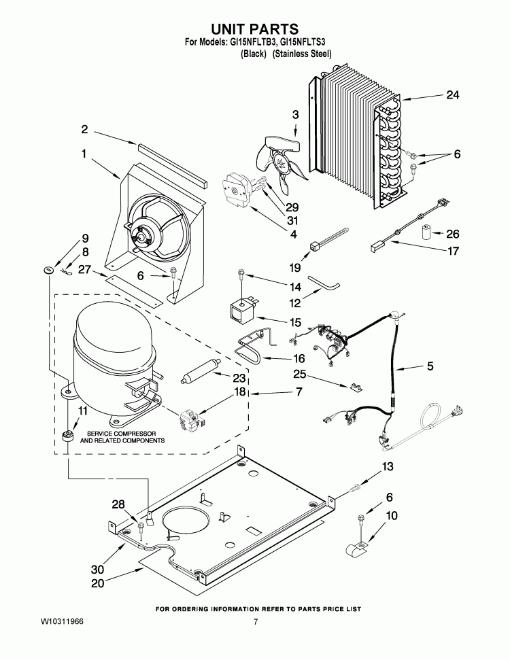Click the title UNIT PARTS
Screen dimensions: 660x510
click(x=255, y=29)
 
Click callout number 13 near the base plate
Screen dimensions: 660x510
click(x=387, y=466)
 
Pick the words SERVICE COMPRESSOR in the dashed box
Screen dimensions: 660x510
click(x=122, y=433)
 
